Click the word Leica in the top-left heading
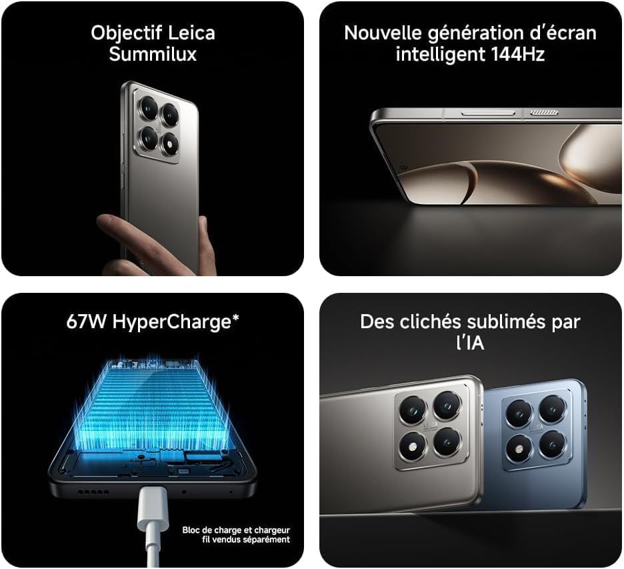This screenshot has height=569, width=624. point(191,33)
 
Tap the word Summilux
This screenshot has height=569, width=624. point(153,54)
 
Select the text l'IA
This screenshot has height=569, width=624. point(470,342)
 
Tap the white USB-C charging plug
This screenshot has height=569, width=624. point(153,509)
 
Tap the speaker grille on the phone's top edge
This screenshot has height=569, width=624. point(543,113)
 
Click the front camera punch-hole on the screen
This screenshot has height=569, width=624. point(404,168)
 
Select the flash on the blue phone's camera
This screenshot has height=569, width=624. point(519,449)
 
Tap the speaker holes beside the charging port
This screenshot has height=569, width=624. point(93,492)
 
